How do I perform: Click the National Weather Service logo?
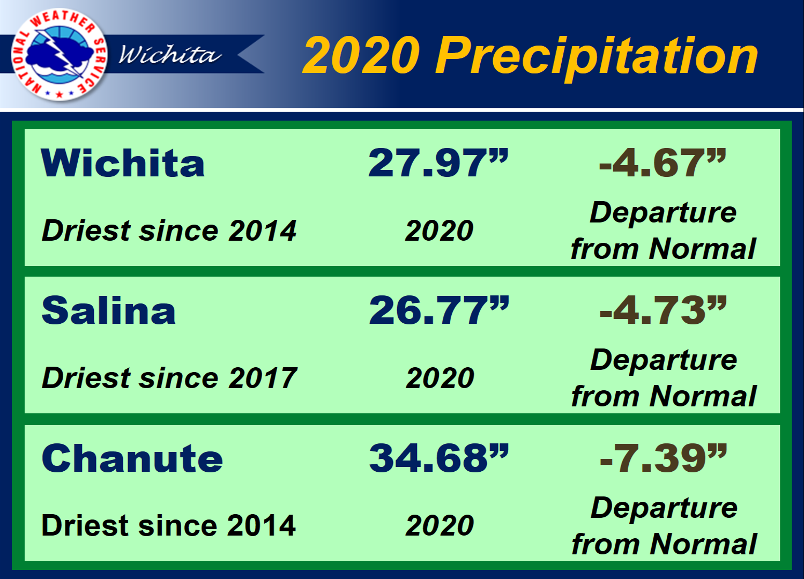point(59,54)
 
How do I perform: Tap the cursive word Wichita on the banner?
point(170,55)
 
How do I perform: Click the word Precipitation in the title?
point(596,57)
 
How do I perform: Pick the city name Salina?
point(108,310)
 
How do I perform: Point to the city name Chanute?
point(132,458)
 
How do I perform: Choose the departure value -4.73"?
point(664,310)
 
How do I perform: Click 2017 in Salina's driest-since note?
point(263,378)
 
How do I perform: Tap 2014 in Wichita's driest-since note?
point(263,231)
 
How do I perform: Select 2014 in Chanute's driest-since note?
point(262,525)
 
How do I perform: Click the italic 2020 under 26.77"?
point(440,378)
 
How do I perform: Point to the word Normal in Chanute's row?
point(703,544)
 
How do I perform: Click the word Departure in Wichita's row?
point(664,213)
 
